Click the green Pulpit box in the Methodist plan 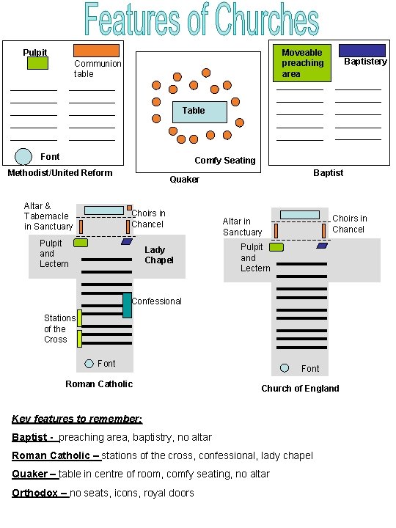37,63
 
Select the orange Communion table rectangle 96,51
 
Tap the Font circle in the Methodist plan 23,157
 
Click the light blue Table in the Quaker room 199,112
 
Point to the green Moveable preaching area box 302,63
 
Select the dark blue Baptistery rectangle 362,51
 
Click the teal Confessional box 127,305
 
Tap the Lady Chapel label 159,255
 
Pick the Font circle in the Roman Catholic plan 89,364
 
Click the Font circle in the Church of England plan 285,368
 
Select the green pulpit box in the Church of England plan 276,247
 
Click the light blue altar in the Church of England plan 300,215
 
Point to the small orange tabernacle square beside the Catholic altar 129,208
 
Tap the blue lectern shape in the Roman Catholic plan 127,241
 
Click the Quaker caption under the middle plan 184,180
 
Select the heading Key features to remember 77,419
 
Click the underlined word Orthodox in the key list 34,493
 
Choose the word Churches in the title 267,20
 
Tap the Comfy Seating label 225,161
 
